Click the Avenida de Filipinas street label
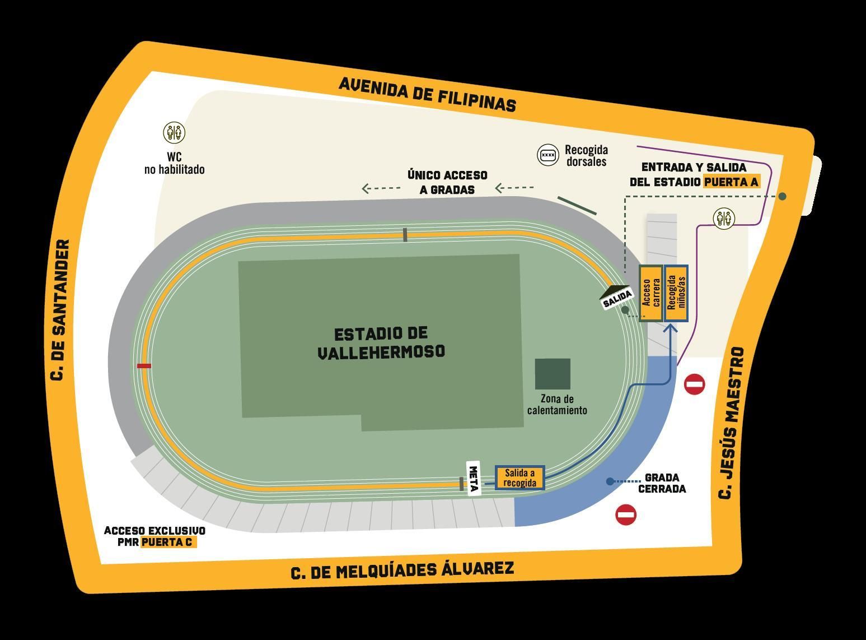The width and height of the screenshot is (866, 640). tap(427, 94)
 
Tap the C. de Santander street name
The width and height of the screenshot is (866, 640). tap(60, 310)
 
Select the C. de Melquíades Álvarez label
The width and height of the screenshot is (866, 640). tap(402, 571)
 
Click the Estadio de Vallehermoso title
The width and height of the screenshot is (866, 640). tap(381, 342)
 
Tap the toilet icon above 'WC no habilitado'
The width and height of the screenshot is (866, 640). tap(174, 133)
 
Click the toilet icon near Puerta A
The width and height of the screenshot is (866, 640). tap(724, 218)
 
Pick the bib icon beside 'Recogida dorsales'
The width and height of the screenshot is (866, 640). tap(548, 155)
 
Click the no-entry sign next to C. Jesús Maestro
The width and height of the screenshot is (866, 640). tap(695, 384)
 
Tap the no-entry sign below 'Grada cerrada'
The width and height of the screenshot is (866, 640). tap(626, 514)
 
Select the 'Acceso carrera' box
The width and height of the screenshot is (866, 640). tap(651, 293)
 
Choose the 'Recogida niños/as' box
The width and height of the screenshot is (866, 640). tap(676, 293)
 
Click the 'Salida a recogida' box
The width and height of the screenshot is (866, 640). tap(519, 478)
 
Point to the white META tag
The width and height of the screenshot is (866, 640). tap(474, 479)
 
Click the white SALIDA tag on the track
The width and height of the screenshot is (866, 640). tap(617, 298)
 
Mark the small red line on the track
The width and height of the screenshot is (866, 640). tap(144, 366)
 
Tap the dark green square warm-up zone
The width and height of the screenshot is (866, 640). tap(553, 374)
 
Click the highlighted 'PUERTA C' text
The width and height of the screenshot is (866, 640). tap(168, 542)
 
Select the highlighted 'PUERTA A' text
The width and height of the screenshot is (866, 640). tap(732, 182)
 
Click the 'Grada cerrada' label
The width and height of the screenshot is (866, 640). tap(662, 483)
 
